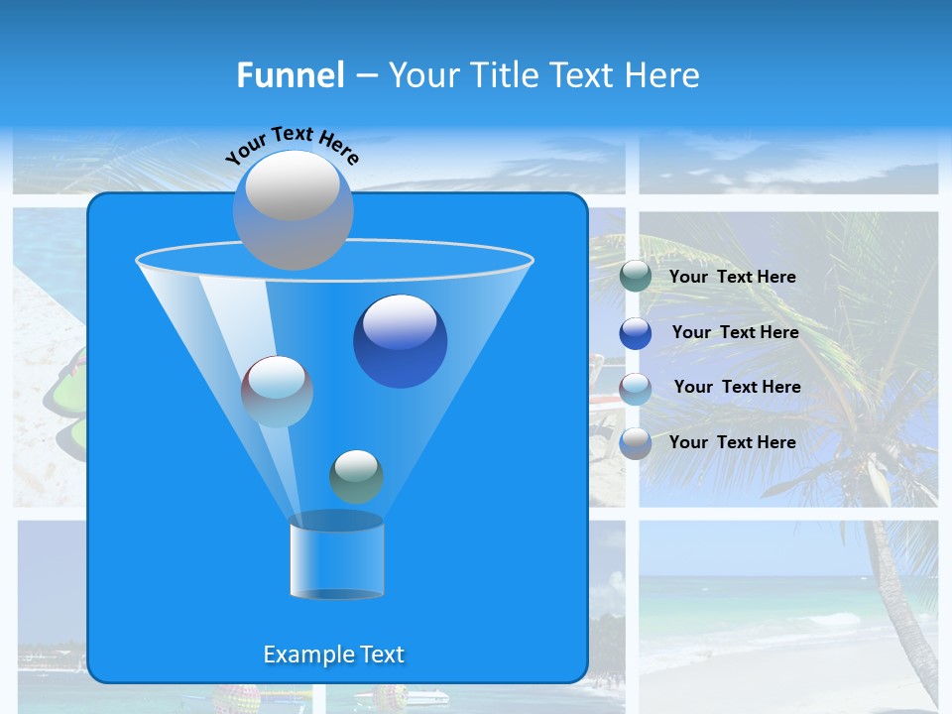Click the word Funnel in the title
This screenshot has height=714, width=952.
pyautogui.click(x=291, y=75)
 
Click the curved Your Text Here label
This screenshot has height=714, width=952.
pyautogui.click(x=292, y=144)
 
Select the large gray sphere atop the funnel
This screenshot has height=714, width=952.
pyautogui.click(x=293, y=209)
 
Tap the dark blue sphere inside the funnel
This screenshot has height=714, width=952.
pyautogui.click(x=400, y=341)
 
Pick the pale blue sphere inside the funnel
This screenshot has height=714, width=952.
pyautogui.click(x=277, y=391)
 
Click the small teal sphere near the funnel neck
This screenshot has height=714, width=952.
pyautogui.click(x=356, y=476)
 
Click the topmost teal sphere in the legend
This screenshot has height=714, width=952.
pyautogui.click(x=636, y=277)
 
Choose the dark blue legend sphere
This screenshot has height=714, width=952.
pyautogui.click(x=636, y=333)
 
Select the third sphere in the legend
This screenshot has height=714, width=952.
pyautogui.click(x=636, y=388)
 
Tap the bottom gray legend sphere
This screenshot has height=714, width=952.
pyautogui.click(x=636, y=443)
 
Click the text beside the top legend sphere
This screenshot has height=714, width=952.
pyautogui.click(x=732, y=278)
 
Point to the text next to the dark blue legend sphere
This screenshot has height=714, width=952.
pyautogui.click(x=735, y=333)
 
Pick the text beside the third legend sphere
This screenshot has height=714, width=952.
pyautogui.click(x=737, y=388)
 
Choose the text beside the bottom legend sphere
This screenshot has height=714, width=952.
pyautogui.click(x=732, y=443)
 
